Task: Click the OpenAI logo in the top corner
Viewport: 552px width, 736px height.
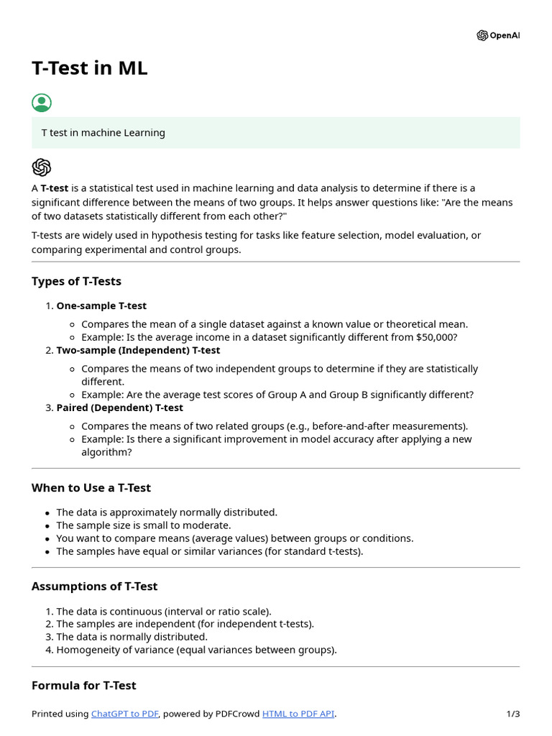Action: [497, 36]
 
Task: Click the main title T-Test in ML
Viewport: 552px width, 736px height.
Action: [90, 68]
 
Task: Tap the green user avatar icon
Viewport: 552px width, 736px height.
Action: [42, 103]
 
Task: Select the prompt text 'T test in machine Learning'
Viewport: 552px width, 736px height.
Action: [103, 133]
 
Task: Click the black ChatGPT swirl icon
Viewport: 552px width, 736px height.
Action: [42, 167]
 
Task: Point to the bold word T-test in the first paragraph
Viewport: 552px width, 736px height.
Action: [55, 188]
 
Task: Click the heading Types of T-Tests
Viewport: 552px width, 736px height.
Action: [76, 281]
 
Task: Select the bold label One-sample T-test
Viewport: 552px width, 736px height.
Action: [101, 305]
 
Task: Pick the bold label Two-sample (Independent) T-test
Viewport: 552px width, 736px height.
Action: [138, 350]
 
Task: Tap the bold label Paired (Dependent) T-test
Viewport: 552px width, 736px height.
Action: [120, 408]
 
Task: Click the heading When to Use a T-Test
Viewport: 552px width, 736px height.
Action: [91, 488]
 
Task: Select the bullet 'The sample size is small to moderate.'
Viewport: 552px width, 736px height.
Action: [144, 525]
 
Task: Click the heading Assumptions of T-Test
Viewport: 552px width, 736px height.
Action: [94, 586]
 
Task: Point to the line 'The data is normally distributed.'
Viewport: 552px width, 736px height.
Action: [132, 637]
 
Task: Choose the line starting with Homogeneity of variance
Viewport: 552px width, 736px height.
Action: [196, 650]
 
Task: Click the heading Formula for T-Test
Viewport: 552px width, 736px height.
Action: [83, 686]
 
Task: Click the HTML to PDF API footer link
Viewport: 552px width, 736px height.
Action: [298, 714]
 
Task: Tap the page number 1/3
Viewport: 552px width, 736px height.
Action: [512, 714]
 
